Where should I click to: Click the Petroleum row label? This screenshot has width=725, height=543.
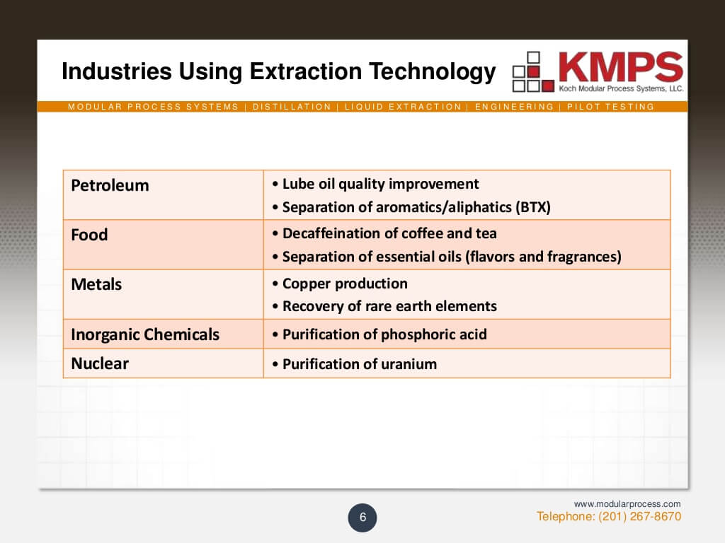coord(110,185)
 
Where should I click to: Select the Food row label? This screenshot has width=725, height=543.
coord(89,235)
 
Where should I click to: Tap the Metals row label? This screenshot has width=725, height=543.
coord(96,284)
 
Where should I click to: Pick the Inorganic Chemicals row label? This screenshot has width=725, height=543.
coord(145,334)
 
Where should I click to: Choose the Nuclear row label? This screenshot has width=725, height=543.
coord(100,363)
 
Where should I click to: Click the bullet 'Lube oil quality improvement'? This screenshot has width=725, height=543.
coord(380,184)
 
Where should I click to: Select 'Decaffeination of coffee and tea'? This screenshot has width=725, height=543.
coord(389,233)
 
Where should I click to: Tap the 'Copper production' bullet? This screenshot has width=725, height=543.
coord(344,284)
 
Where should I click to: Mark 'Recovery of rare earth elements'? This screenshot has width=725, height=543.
coord(389,306)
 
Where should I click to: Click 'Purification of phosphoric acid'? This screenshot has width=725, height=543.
coord(384,334)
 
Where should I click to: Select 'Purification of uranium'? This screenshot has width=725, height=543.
coord(359,364)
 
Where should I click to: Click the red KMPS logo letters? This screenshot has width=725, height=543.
coord(620,68)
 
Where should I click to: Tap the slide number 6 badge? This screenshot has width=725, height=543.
coord(362,518)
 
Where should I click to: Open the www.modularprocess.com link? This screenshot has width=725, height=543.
coord(627,504)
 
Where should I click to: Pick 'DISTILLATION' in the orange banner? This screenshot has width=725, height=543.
coord(292,107)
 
